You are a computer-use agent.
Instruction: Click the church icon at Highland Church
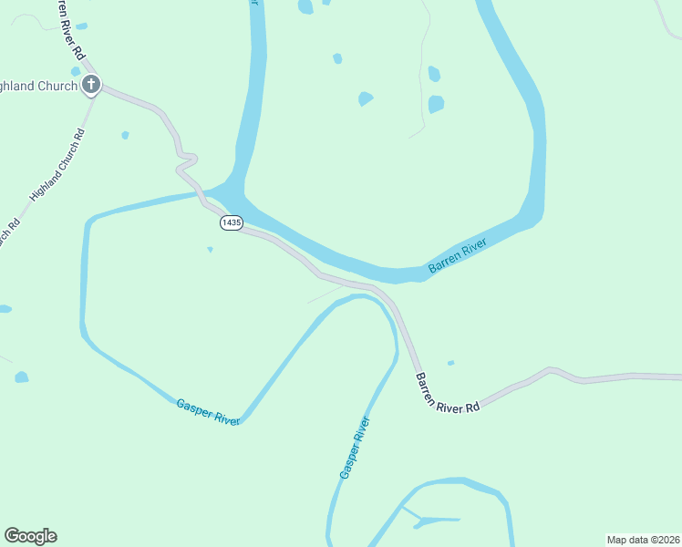(90, 86)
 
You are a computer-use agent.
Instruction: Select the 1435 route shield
(231, 222)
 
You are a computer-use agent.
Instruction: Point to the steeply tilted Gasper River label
(354, 448)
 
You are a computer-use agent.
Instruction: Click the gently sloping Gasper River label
(208, 411)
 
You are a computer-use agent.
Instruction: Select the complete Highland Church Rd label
(57, 164)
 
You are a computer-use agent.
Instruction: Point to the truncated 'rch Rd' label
(9, 233)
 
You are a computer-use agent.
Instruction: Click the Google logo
(30, 536)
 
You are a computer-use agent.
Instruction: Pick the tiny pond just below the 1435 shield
(211, 249)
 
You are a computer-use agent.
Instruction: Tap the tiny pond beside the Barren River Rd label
(450, 363)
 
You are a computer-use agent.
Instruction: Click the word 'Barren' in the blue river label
(445, 263)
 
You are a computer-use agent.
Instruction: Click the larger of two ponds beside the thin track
(436, 104)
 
